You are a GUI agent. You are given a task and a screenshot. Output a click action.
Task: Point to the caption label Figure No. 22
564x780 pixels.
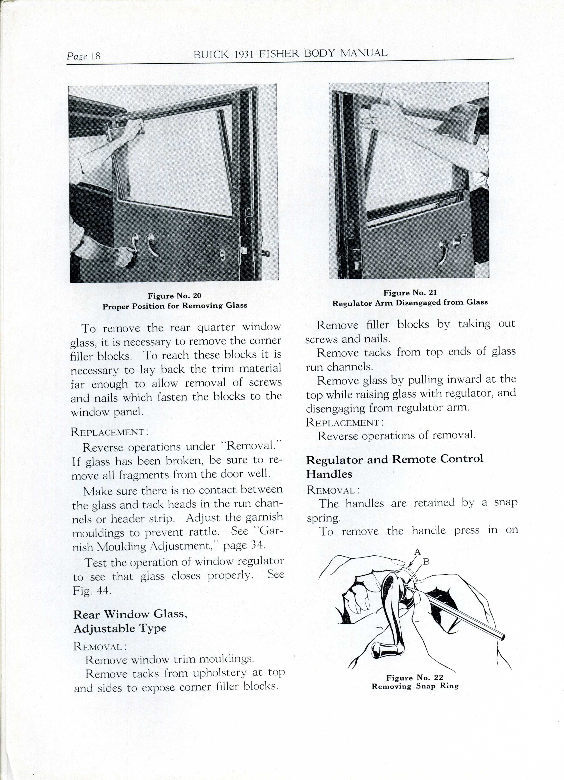pos(415,678)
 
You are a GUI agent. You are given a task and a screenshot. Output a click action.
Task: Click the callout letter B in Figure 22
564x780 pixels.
pos(426,562)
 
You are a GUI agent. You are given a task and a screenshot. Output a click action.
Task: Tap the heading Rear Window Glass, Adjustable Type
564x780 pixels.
pos(130,621)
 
